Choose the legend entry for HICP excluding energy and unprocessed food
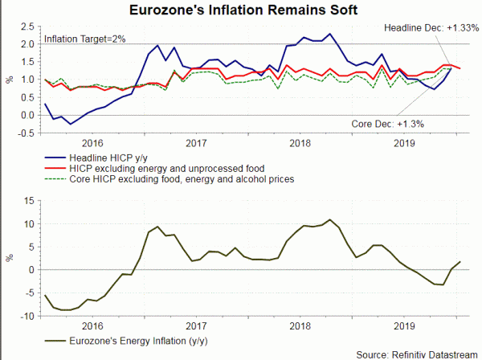point(164,166)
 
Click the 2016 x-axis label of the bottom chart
point(92,325)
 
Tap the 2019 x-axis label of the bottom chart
point(405,325)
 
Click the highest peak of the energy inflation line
point(329,219)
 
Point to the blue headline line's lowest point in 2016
point(70,125)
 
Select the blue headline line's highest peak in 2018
point(306,35)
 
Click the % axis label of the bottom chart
point(10,259)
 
